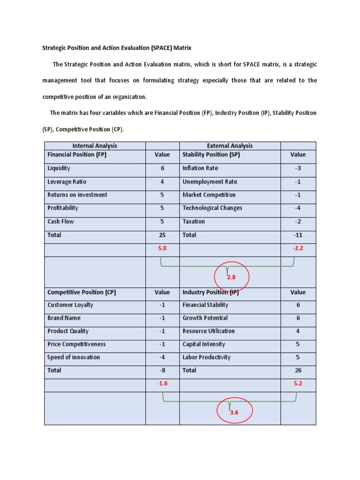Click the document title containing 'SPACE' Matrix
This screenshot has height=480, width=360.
point(117,48)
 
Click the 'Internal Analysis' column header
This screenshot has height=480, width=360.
point(95,146)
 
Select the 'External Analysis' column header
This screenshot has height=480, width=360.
point(230,146)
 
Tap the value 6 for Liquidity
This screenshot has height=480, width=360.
point(162,168)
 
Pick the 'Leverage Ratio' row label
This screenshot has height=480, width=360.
point(67,182)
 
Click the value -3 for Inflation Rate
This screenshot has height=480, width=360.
point(298,168)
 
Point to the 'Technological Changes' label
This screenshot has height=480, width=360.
point(212,208)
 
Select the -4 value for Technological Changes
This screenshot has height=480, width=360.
point(298,208)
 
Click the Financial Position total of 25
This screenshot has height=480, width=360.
point(162,235)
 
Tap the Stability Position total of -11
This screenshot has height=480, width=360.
point(298,235)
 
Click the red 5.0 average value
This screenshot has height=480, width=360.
point(162,248)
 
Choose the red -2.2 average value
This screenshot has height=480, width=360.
point(298,248)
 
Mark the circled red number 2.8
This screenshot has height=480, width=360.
point(231,277)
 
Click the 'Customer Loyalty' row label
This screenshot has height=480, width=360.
point(70,305)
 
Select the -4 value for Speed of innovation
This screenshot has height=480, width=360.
point(162,357)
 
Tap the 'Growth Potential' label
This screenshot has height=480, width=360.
point(205,318)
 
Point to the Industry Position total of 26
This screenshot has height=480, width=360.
point(298,370)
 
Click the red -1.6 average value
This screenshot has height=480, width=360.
point(162,383)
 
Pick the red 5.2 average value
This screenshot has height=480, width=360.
point(298,383)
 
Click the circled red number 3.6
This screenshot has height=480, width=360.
point(234,412)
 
